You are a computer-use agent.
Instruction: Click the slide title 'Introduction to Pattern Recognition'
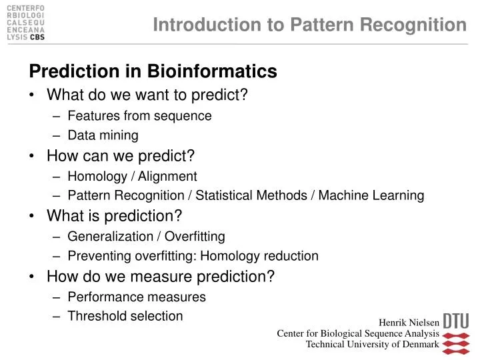point(309,25)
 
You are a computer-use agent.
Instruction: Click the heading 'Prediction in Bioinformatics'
point(152,71)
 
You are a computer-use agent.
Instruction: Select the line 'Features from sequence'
point(139,116)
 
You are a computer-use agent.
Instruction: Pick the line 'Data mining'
point(103,136)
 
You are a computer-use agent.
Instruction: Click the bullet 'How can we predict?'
point(121,156)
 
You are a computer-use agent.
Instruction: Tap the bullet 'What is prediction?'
point(114,216)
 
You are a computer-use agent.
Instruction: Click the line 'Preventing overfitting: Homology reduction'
point(193,256)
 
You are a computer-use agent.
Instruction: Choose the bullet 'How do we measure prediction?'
point(161,276)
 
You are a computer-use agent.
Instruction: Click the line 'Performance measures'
point(137,297)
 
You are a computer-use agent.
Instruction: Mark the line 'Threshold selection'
point(125,316)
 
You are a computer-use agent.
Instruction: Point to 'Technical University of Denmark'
point(372,345)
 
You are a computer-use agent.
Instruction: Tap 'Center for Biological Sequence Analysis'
point(357,333)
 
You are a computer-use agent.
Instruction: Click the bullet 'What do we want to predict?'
point(147,95)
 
